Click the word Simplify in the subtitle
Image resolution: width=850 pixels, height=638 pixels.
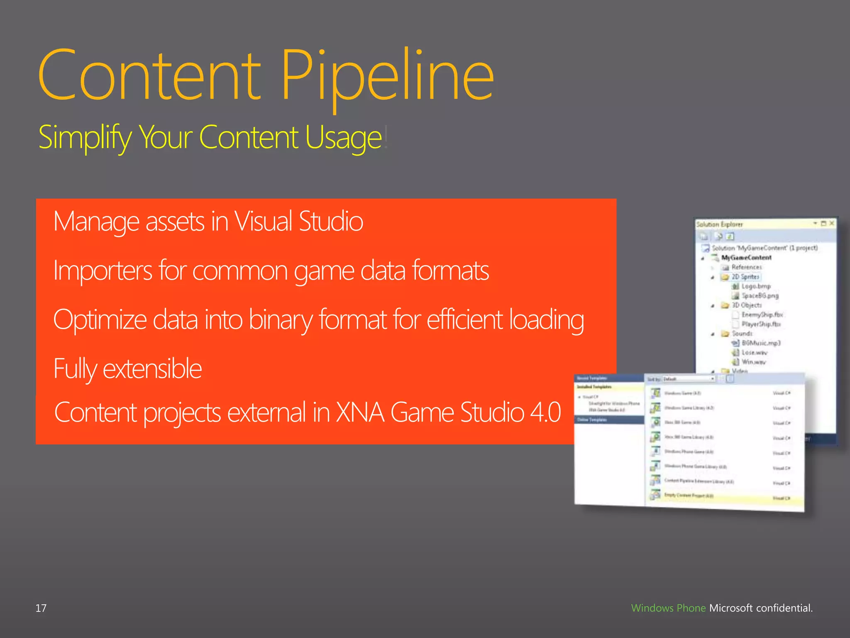point(85,137)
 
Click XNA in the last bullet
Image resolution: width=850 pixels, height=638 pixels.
point(359,412)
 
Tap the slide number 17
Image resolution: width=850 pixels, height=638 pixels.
point(41,608)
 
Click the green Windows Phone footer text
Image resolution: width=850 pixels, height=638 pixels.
point(668,608)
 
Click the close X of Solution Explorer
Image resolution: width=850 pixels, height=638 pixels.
point(831,223)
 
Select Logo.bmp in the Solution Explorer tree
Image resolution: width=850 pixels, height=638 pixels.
point(756,286)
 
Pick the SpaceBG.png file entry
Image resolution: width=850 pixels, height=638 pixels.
point(760,296)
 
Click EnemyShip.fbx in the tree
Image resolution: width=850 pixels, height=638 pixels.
point(762,314)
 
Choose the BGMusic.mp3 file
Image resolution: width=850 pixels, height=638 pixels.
point(761,343)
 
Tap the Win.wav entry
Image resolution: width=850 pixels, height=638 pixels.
point(754,362)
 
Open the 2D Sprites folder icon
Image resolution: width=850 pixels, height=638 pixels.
point(725,277)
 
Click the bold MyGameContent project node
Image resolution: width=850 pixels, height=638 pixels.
point(746,258)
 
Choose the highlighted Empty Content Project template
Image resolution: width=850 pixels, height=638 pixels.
point(689,496)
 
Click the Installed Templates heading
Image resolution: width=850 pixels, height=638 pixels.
point(594,387)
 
